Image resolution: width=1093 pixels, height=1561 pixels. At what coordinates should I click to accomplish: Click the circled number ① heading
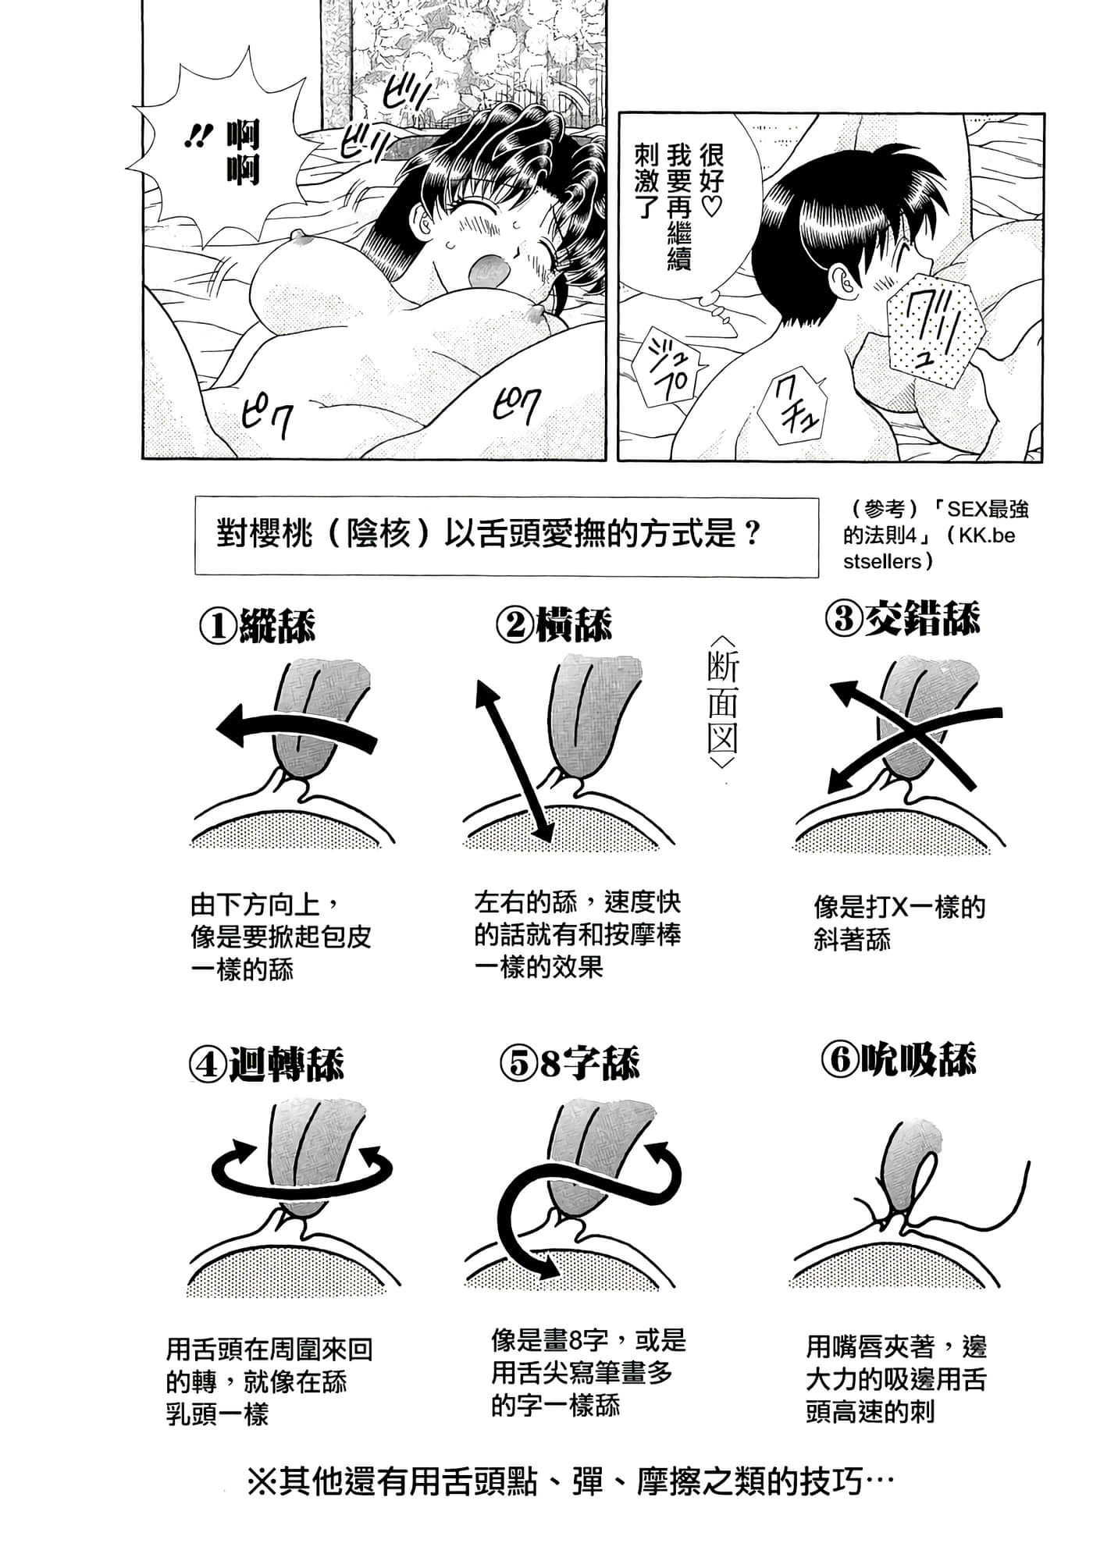point(258,625)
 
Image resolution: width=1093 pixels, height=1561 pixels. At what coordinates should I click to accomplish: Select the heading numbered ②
point(554,624)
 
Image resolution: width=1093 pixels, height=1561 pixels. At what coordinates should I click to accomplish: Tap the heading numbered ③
point(902,618)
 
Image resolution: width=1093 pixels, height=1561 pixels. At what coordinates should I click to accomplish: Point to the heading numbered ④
point(266,1063)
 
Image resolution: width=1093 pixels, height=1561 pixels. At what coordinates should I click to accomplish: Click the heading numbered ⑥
point(899,1059)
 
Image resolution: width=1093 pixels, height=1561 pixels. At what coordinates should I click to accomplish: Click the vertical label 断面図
point(722,702)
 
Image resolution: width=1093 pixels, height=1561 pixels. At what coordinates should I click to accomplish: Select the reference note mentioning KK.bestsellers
point(935,535)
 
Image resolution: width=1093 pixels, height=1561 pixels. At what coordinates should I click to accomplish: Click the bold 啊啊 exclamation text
point(242,153)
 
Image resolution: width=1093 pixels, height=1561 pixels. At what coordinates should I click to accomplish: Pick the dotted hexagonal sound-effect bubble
point(935,329)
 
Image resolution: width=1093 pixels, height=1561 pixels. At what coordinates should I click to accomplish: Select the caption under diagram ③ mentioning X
point(899,923)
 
